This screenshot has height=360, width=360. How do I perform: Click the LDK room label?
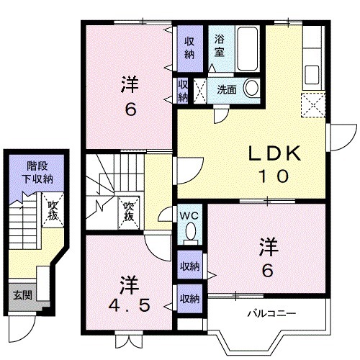(274, 153)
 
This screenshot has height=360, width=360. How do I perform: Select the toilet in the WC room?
(190, 231)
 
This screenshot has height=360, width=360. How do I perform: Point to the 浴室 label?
(219, 47)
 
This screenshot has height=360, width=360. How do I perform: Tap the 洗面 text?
(227, 89)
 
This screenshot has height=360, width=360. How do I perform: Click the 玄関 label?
(21, 294)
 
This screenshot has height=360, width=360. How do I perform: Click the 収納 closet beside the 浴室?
(189, 46)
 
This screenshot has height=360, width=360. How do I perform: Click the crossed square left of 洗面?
(201, 90)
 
